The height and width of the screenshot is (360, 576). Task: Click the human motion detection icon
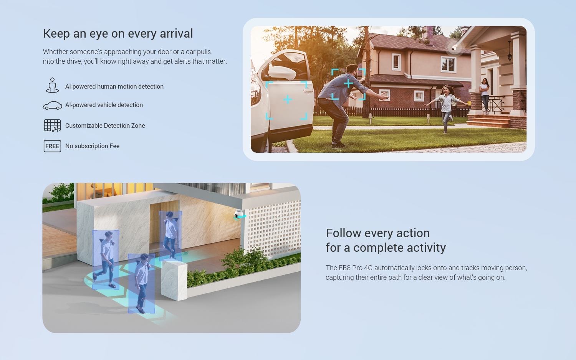pos(52,85)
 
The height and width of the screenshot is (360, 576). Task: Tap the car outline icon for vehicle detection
pos(52,106)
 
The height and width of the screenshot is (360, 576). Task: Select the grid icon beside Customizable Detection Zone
pos(53,126)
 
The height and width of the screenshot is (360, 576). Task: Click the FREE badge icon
pos(52,146)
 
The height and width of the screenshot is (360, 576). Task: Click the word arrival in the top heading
pos(176,34)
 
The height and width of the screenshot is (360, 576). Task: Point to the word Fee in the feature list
pos(114,146)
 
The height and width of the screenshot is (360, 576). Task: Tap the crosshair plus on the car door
pos(288,99)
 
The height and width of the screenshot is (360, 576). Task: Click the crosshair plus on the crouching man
pos(348,83)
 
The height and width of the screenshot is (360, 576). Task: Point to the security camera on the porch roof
pos(454,48)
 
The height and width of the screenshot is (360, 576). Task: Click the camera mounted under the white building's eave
pos(239,214)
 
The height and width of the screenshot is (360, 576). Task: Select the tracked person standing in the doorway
pos(170,235)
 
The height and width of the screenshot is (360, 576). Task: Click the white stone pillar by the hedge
pos(174,281)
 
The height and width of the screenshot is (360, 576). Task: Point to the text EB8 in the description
pos(344,268)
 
